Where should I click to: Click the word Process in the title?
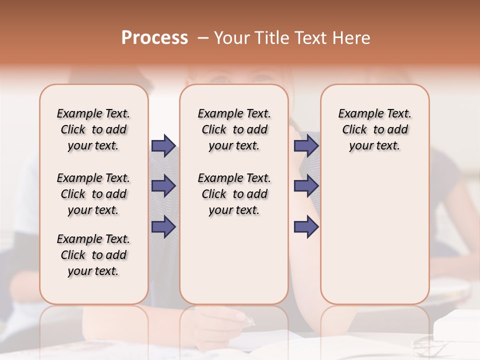[x=154, y=38]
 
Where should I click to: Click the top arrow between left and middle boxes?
[x=163, y=146]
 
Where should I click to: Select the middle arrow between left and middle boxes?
[x=163, y=186]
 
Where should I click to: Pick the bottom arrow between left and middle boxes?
[x=163, y=227]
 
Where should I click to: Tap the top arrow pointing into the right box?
[x=306, y=146]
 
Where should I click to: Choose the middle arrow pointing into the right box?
[x=306, y=186]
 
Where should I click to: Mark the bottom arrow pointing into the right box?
[x=306, y=227]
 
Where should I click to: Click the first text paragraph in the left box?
[x=93, y=129]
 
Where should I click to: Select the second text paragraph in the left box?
[x=93, y=194]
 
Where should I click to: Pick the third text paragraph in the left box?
[x=93, y=255]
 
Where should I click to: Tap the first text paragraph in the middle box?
[x=234, y=129]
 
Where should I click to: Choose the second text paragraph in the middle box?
[x=234, y=194]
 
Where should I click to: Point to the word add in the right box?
[x=398, y=129]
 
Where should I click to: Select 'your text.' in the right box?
[x=374, y=145]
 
